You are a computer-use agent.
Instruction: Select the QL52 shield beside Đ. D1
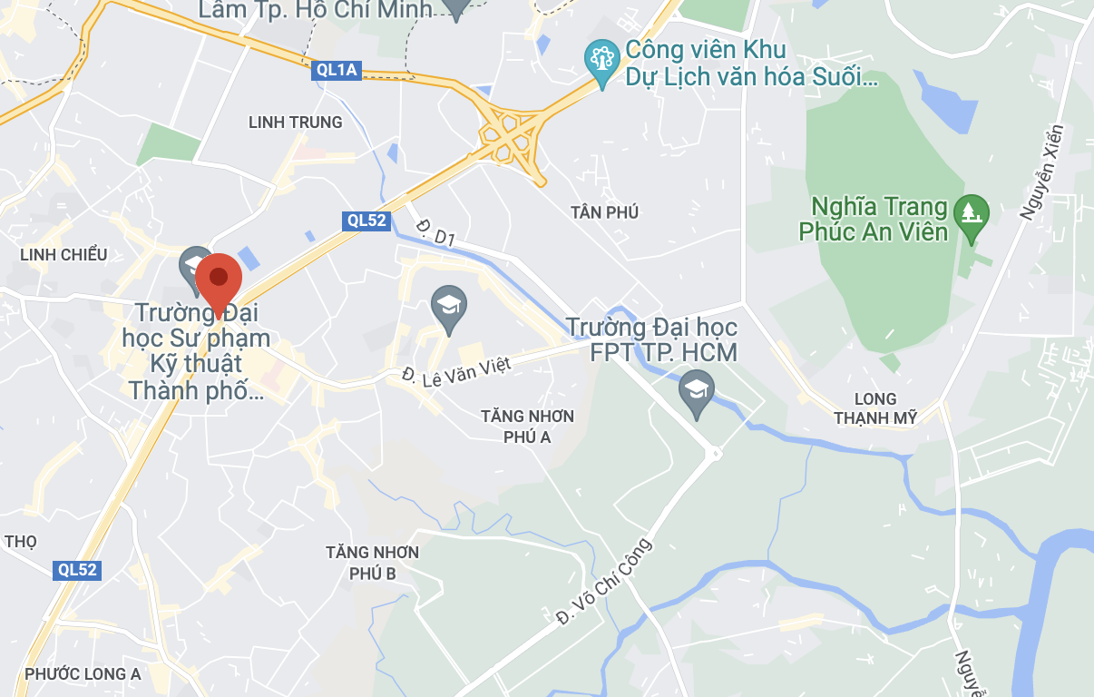tap(366, 221)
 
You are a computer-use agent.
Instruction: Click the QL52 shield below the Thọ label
tap(76, 570)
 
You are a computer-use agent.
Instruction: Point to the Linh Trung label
tap(296, 122)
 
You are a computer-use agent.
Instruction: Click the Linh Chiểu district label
tap(63, 254)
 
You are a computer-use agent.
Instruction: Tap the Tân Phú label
tap(605, 211)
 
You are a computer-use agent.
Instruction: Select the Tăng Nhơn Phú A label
tap(528, 427)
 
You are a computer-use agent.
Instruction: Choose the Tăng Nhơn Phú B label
tap(374, 563)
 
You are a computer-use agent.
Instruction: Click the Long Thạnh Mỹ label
tap(875, 408)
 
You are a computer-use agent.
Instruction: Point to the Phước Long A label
tap(83, 673)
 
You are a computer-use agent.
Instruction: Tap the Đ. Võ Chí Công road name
tap(604, 582)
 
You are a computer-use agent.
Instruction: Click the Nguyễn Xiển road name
tap(1040, 172)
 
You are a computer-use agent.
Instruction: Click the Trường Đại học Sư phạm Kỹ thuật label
tap(197, 352)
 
